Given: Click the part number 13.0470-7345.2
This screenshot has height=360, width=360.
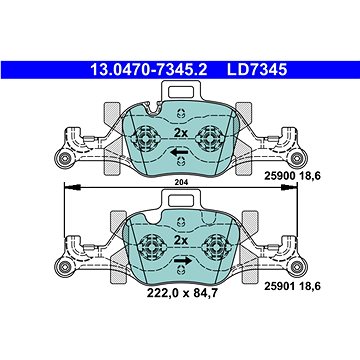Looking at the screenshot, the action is (x=149, y=70).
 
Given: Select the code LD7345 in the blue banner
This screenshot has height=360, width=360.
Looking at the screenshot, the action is (x=257, y=70).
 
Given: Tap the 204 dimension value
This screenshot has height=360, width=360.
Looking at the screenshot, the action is (x=181, y=182).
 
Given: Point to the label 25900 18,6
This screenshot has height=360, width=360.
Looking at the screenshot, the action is (x=292, y=176).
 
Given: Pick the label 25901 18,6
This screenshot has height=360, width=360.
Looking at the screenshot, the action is (x=292, y=286).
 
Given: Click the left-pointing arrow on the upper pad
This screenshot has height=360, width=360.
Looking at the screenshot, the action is (x=179, y=153).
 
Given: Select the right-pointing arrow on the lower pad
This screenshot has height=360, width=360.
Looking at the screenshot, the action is (x=183, y=260).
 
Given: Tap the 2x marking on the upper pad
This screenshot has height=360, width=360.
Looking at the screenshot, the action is (x=181, y=133).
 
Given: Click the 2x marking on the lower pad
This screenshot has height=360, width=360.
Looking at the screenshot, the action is (x=181, y=240).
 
